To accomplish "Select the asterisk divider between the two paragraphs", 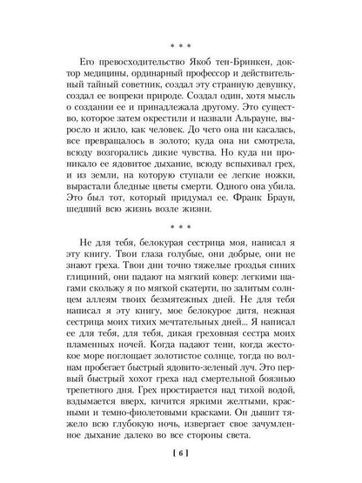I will (181, 228).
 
